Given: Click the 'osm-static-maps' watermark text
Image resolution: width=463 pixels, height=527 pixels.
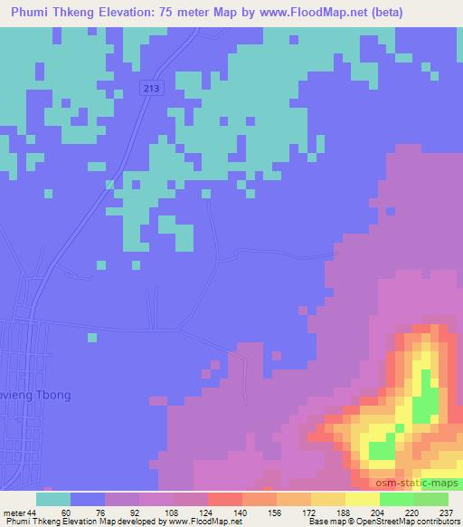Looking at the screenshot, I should [419, 484].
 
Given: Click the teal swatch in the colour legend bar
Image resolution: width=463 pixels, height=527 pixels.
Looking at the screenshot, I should [53, 499].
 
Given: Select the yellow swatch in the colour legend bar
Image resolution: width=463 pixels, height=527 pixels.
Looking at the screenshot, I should [362, 499].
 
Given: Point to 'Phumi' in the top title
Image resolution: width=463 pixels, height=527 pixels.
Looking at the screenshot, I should [33, 13].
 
